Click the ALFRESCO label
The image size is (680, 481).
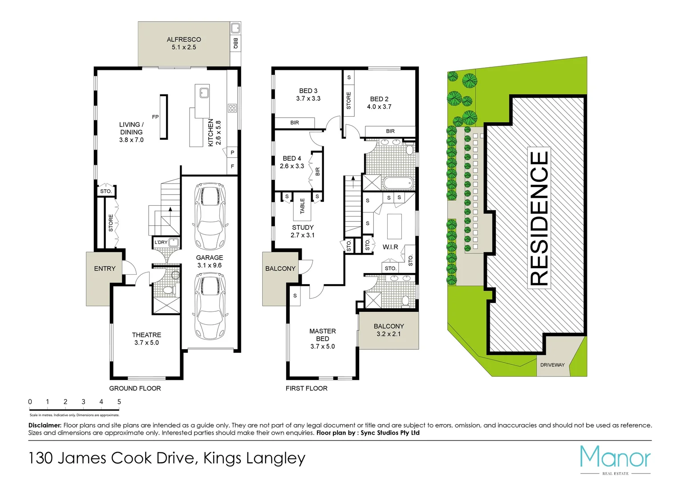pyautogui.click(x=184, y=40)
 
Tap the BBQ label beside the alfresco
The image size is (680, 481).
pyautogui.click(x=235, y=43)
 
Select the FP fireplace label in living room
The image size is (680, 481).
pyautogui.click(x=155, y=117)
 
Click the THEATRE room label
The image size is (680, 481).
pyautogui.click(x=146, y=335)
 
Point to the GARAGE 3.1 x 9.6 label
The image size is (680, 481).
pyautogui.click(x=210, y=261)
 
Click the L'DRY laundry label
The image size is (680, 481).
pyautogui.click(x=161, y=242)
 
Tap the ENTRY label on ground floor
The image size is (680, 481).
pyautogui.click(x=105, y=269)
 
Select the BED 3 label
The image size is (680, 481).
pyautogui.click(x=308, y=91)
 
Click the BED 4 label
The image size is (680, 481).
pyautogui.click(x=292, y=159)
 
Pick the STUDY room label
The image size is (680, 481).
pyautogui.click(x=303, y=228)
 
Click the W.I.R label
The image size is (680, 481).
pyautogui.click(x=390, y=247)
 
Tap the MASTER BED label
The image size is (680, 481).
pyautogui.click(x=323, y=335)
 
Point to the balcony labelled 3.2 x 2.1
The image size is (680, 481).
pyautogui.click(x=389, y=330)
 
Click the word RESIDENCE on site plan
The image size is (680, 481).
pyautogui.click(x=539, y=218)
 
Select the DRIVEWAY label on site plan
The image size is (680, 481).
pyautogui.click(x=552, y=365)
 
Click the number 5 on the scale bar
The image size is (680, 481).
pyautogui.click(x=119, y=402)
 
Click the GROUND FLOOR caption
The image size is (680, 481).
pyautogui.click(x=135, y=388)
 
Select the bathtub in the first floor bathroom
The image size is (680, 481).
pyautogui.click(x=398, y=183)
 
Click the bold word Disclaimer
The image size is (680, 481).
pyautogui.click(x=45, y=425)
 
